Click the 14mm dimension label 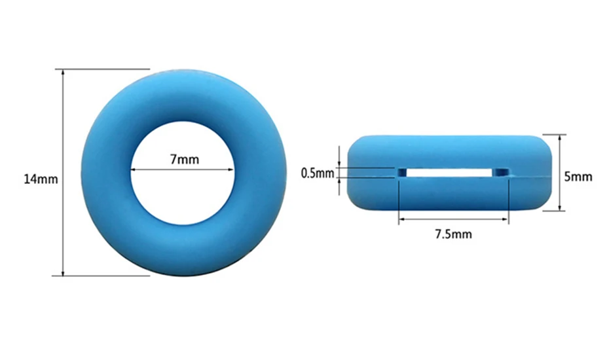coord(41,179)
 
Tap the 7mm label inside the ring coord(185,159)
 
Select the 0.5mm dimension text coord(318,173)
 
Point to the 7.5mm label coord(453,234)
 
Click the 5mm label coord(578,177)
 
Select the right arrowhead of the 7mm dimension coord(230,170)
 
